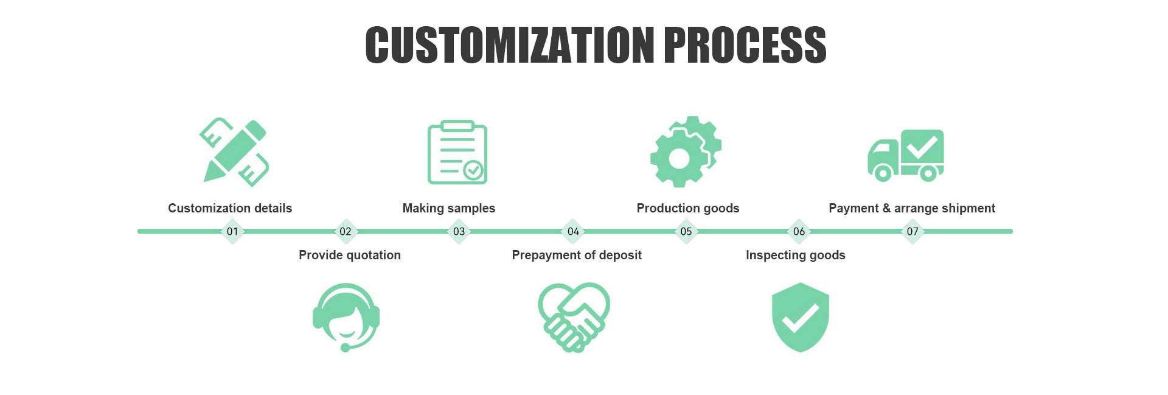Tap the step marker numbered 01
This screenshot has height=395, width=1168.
pyautogui.click(x=232, y=231)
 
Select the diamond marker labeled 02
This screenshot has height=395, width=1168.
pyautogui.click(x=346, y=231)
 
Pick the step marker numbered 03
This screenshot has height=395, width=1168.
pyautogui.click(x=459, y=231)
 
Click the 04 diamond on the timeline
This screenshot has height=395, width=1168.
pyautogui.click(x=573, y=231)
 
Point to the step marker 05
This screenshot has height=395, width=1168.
pyautogui.click(x=686, y=231)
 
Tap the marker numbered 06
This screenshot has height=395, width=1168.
pyautogui.click(x=799, y=231)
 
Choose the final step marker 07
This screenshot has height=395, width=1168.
pyautogui.click(x=912, y=231)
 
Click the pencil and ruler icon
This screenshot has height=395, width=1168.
pyautogui.click(x=234, y=152)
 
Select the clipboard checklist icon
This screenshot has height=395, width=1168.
pyautogui.click(x=457, y=152)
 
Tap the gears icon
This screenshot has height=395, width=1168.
pyautogui.click(x=685, y=152)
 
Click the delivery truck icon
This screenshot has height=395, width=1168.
pyautogui.click(x=906, y=155)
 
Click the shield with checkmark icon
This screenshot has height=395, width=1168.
pyautogui.click(x=800, y=317)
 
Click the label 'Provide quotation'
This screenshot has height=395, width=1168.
pyautogui.click(x=350, y=255)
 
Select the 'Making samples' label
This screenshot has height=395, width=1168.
pyautogui.click(x=449, y=208)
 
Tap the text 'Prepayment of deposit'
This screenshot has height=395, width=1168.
pyautogui.click(x=577, y=255)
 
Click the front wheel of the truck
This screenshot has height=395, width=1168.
pyautogui.click(x=883, y=173)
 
